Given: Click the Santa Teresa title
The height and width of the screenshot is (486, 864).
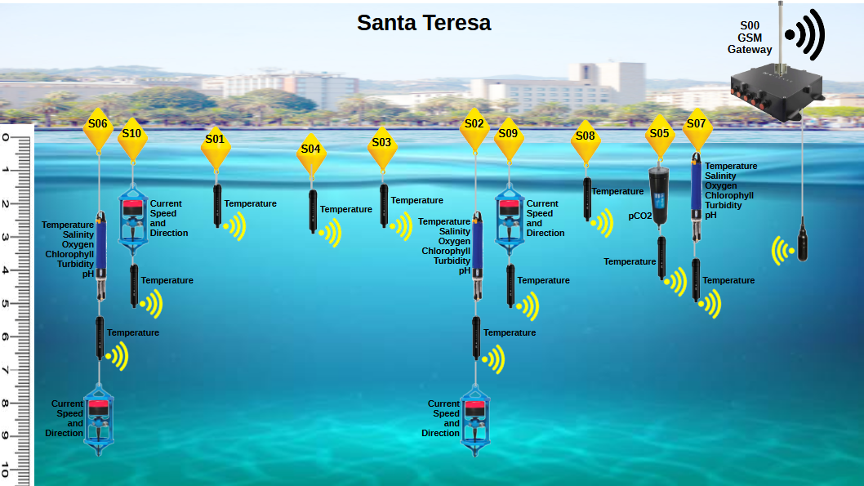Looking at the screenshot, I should (x=424, y=23).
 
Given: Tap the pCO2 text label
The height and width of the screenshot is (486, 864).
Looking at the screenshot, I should (x=639, y=216).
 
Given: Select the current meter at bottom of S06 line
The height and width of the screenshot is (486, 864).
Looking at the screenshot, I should (x=99, y=421).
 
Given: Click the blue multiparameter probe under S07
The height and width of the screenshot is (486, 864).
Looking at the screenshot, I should (x=696, y=189).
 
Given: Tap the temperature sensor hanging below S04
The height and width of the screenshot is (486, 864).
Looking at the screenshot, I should (x=313, y=211).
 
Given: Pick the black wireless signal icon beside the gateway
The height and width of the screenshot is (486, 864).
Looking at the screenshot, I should (x=804, y=35).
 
